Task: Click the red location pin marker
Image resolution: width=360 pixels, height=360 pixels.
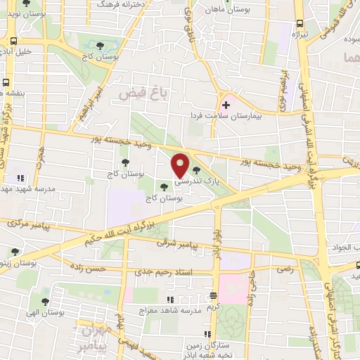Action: coord(181,166)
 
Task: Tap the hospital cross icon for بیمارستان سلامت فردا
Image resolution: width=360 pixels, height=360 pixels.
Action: coord(225,105)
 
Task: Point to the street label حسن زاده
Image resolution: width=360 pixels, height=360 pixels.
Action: coord(105,269)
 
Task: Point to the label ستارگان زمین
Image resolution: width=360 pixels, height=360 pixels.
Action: coord(191,345)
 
